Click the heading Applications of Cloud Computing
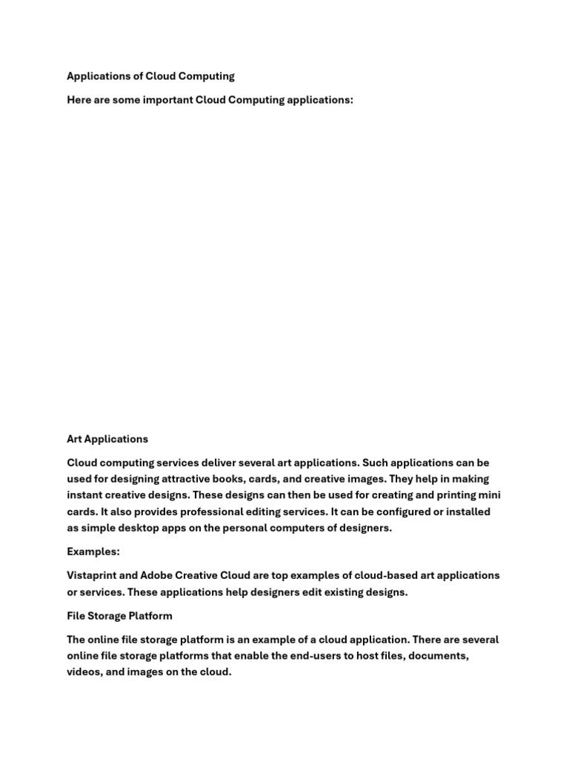click(x=150, y=76)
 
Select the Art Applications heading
click(x=107, y=439)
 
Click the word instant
click(x=86, y=495)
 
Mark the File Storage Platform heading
click(x=119, y=616)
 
